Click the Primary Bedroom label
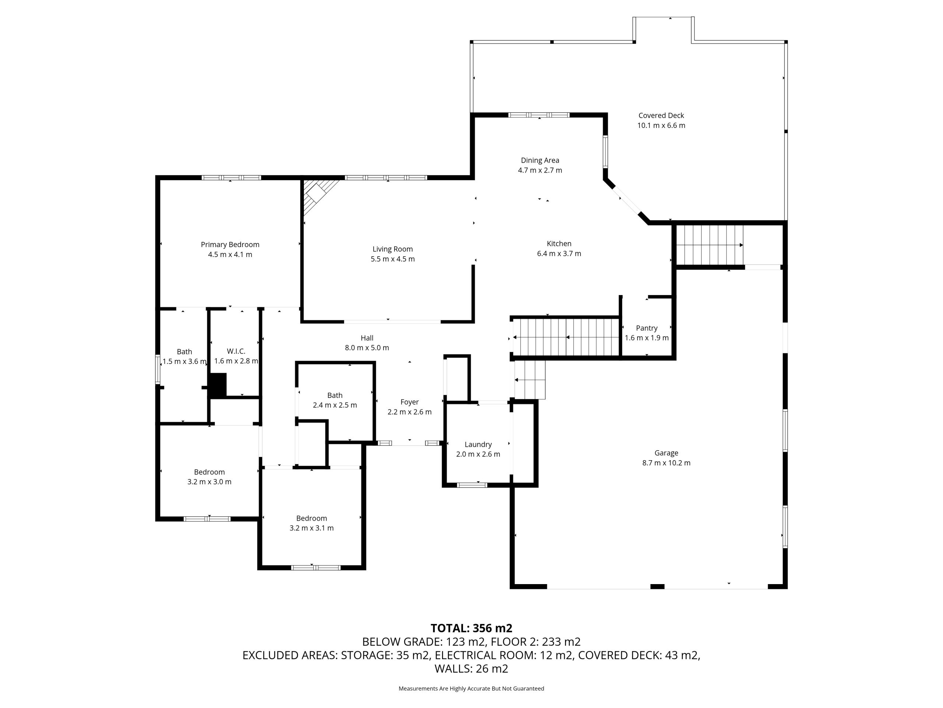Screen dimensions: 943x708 click(230, 244)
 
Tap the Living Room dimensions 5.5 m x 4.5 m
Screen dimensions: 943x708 click(393, 259)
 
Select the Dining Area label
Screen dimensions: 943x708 click(540, 160)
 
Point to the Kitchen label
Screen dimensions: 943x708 click(559, 244)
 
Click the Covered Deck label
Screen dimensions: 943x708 click(661, 116)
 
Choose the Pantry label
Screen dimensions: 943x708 click(647, 328)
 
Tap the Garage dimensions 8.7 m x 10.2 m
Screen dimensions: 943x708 click(666, 463)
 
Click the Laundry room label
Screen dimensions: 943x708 click(478, 445)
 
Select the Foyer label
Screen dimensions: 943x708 click(409, 402)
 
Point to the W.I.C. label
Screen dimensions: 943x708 click(236, 351)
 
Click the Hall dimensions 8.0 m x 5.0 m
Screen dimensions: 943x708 click(367, 348)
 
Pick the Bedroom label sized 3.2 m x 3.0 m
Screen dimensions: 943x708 click(209, 472)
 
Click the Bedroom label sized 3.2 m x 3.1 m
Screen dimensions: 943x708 click(312, 518)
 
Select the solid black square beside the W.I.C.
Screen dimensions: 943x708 click(217, 385)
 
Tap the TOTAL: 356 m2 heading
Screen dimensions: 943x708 click(471, 628)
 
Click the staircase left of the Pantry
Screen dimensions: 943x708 click(566, 337)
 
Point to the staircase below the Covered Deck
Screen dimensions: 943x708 click(710, 245)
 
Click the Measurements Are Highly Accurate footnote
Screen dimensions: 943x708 click(471, 688)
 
